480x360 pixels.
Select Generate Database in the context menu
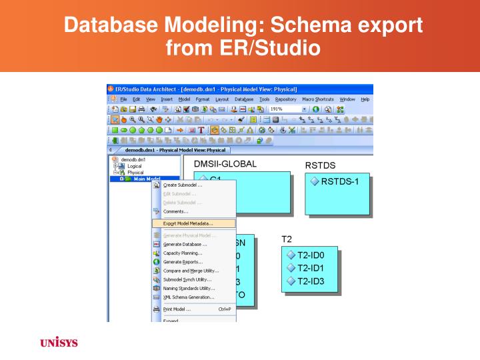coord(185,244)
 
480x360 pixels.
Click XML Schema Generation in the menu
coord(189,297)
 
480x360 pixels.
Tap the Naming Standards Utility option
coord(189,288)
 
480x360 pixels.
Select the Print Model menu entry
coord(177,309)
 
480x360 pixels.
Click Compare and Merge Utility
coord(191,271)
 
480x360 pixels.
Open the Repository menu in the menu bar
coord(286,99)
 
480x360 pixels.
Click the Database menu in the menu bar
coord(244,99)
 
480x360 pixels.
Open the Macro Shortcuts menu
coord(318,99)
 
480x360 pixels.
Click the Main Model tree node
coord(146,179)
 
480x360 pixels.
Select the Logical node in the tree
coord(135,166)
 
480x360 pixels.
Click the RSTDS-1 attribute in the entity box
coord(339,181)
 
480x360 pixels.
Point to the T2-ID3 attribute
coord(309,280)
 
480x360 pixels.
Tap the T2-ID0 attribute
coord(309,255)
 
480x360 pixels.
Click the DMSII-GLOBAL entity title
coord(225,164)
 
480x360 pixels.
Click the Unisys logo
coord(59,343)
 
